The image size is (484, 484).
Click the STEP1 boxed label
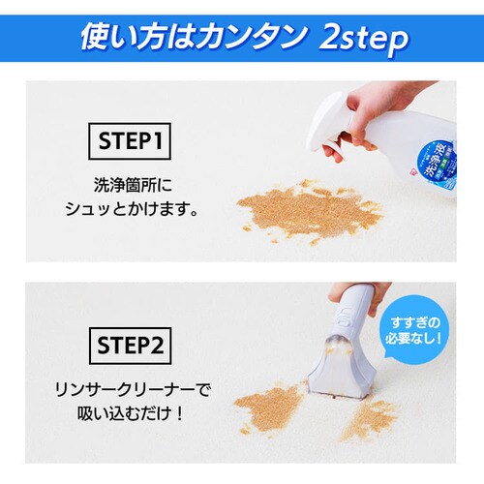(131, 142)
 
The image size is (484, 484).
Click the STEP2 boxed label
(131, 344)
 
